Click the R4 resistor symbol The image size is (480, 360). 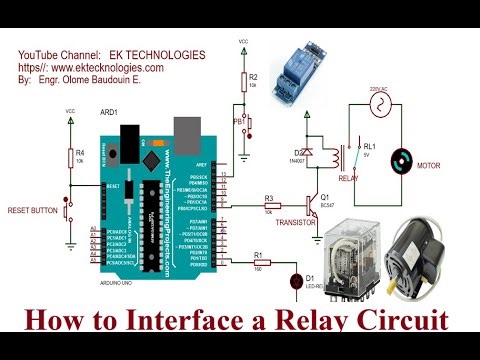point(69,159)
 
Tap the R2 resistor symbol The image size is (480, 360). point(244,82)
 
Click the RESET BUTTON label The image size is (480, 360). point(32,212)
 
